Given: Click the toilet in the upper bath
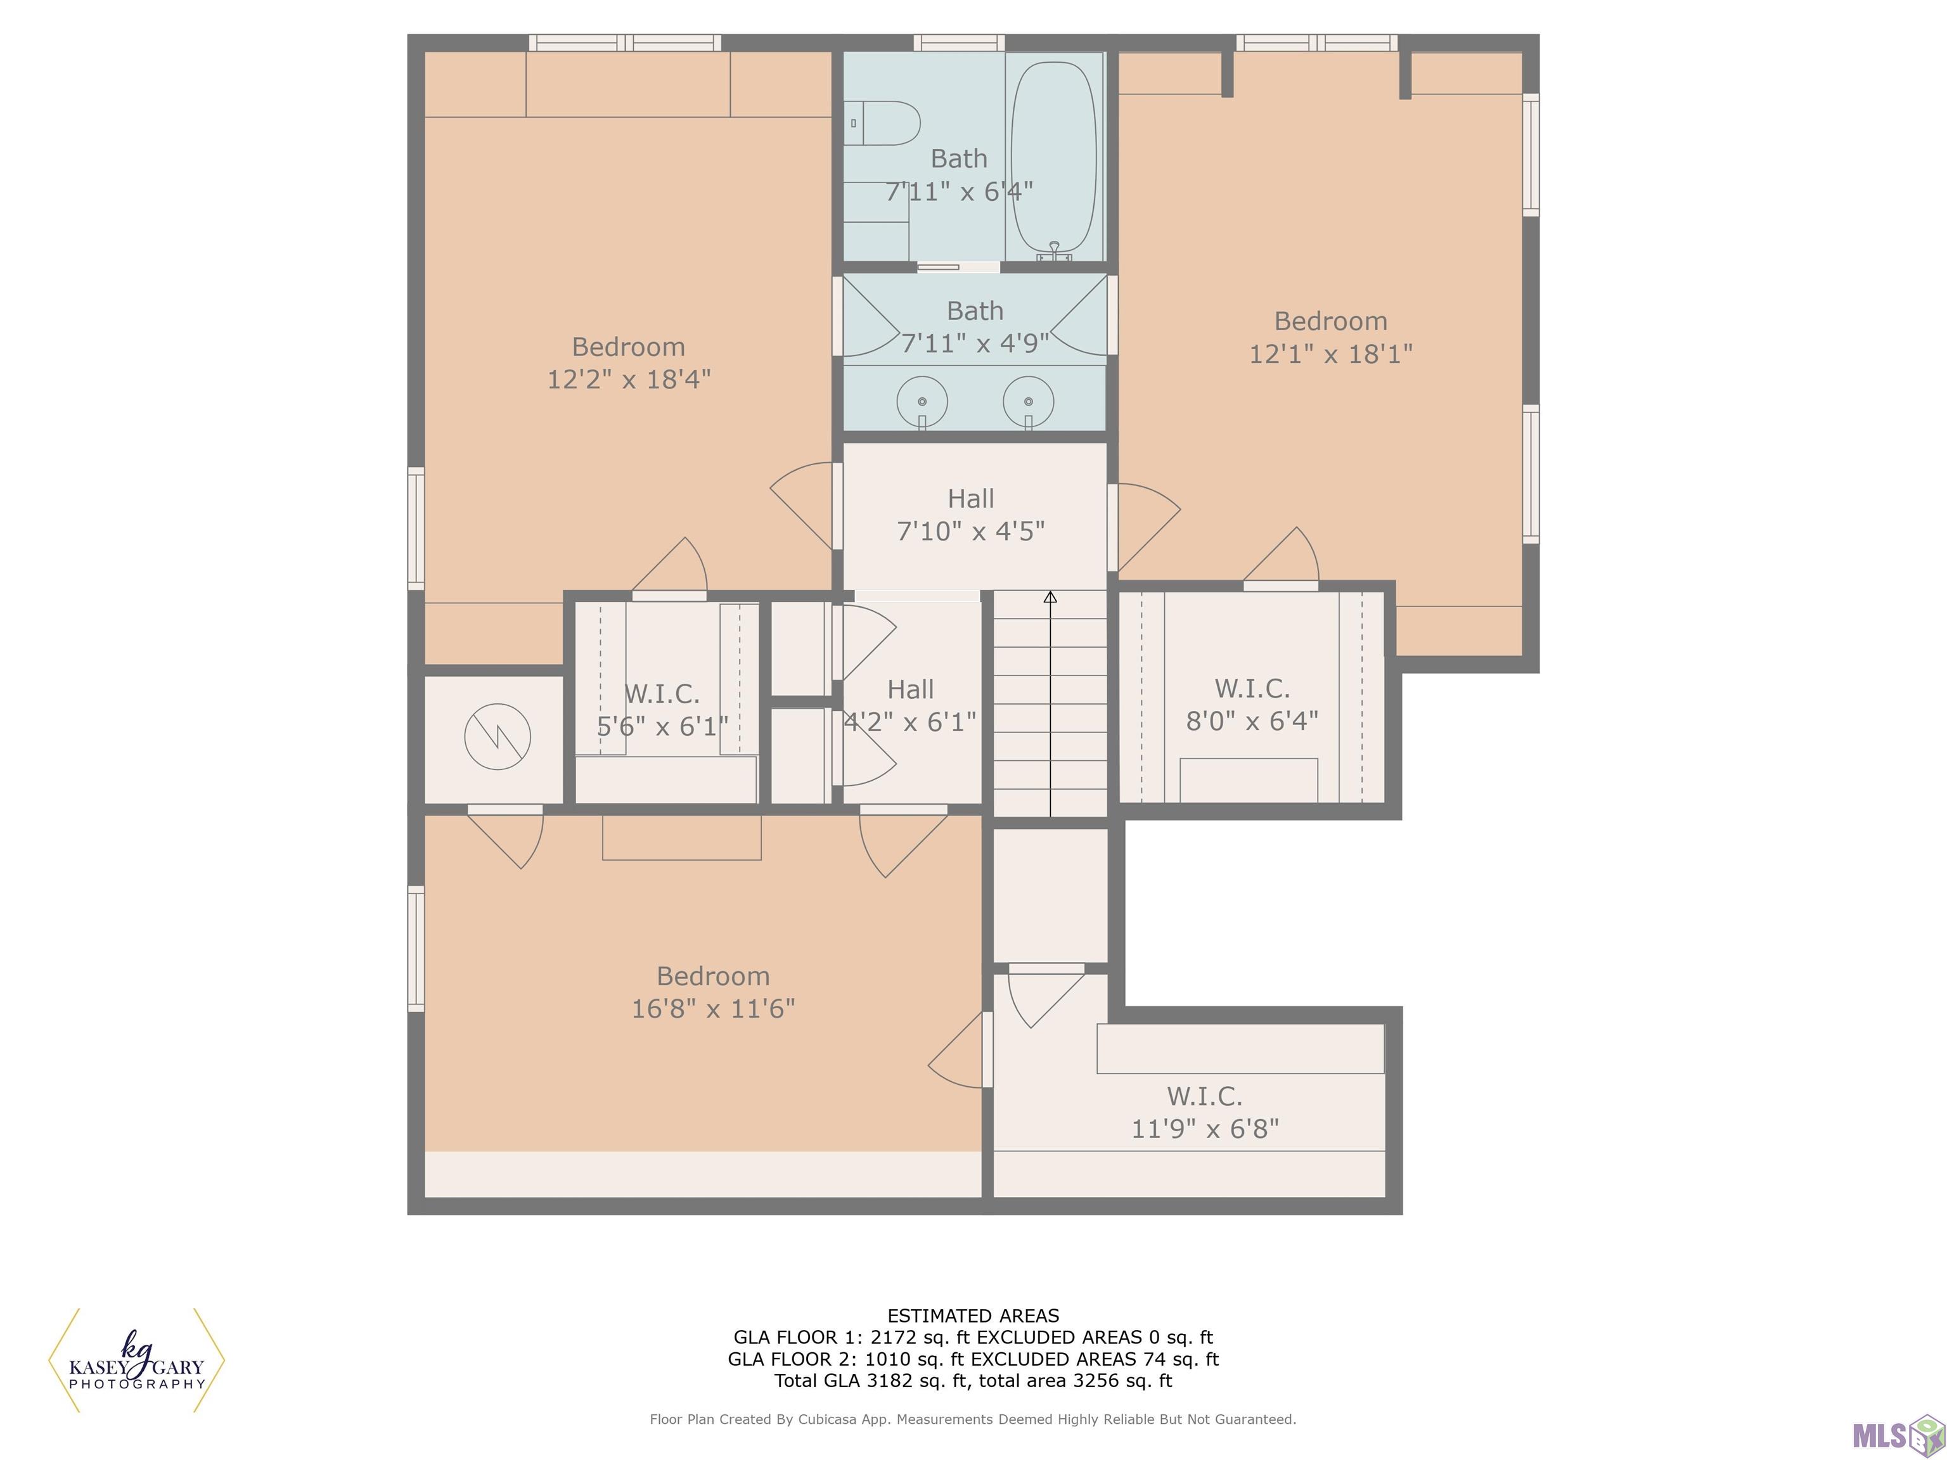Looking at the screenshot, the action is pyautogui.click(x=882, y=123).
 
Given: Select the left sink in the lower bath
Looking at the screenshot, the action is pyautogui.click(x=922, y=402).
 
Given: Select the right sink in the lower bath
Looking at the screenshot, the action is pyautogui.click(x=1028, y=402).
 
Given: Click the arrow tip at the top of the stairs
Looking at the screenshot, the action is pyautogui.click(x=1050, y=593).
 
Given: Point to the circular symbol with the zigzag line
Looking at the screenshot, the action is pyautogui.click(x=498, y=736).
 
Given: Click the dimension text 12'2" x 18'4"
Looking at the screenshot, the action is pyautogui.click(x=629, y=380).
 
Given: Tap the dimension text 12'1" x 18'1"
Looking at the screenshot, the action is pyautogui.click(x=1331, y=354).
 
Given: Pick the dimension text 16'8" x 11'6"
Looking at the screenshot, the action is pyautogui.click(x=713, y=1009).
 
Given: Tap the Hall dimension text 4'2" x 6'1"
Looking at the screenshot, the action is pyautogui.click(x=910, y=722).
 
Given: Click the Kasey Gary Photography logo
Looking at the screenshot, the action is pyautogui.click(x=136, y=1361).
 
